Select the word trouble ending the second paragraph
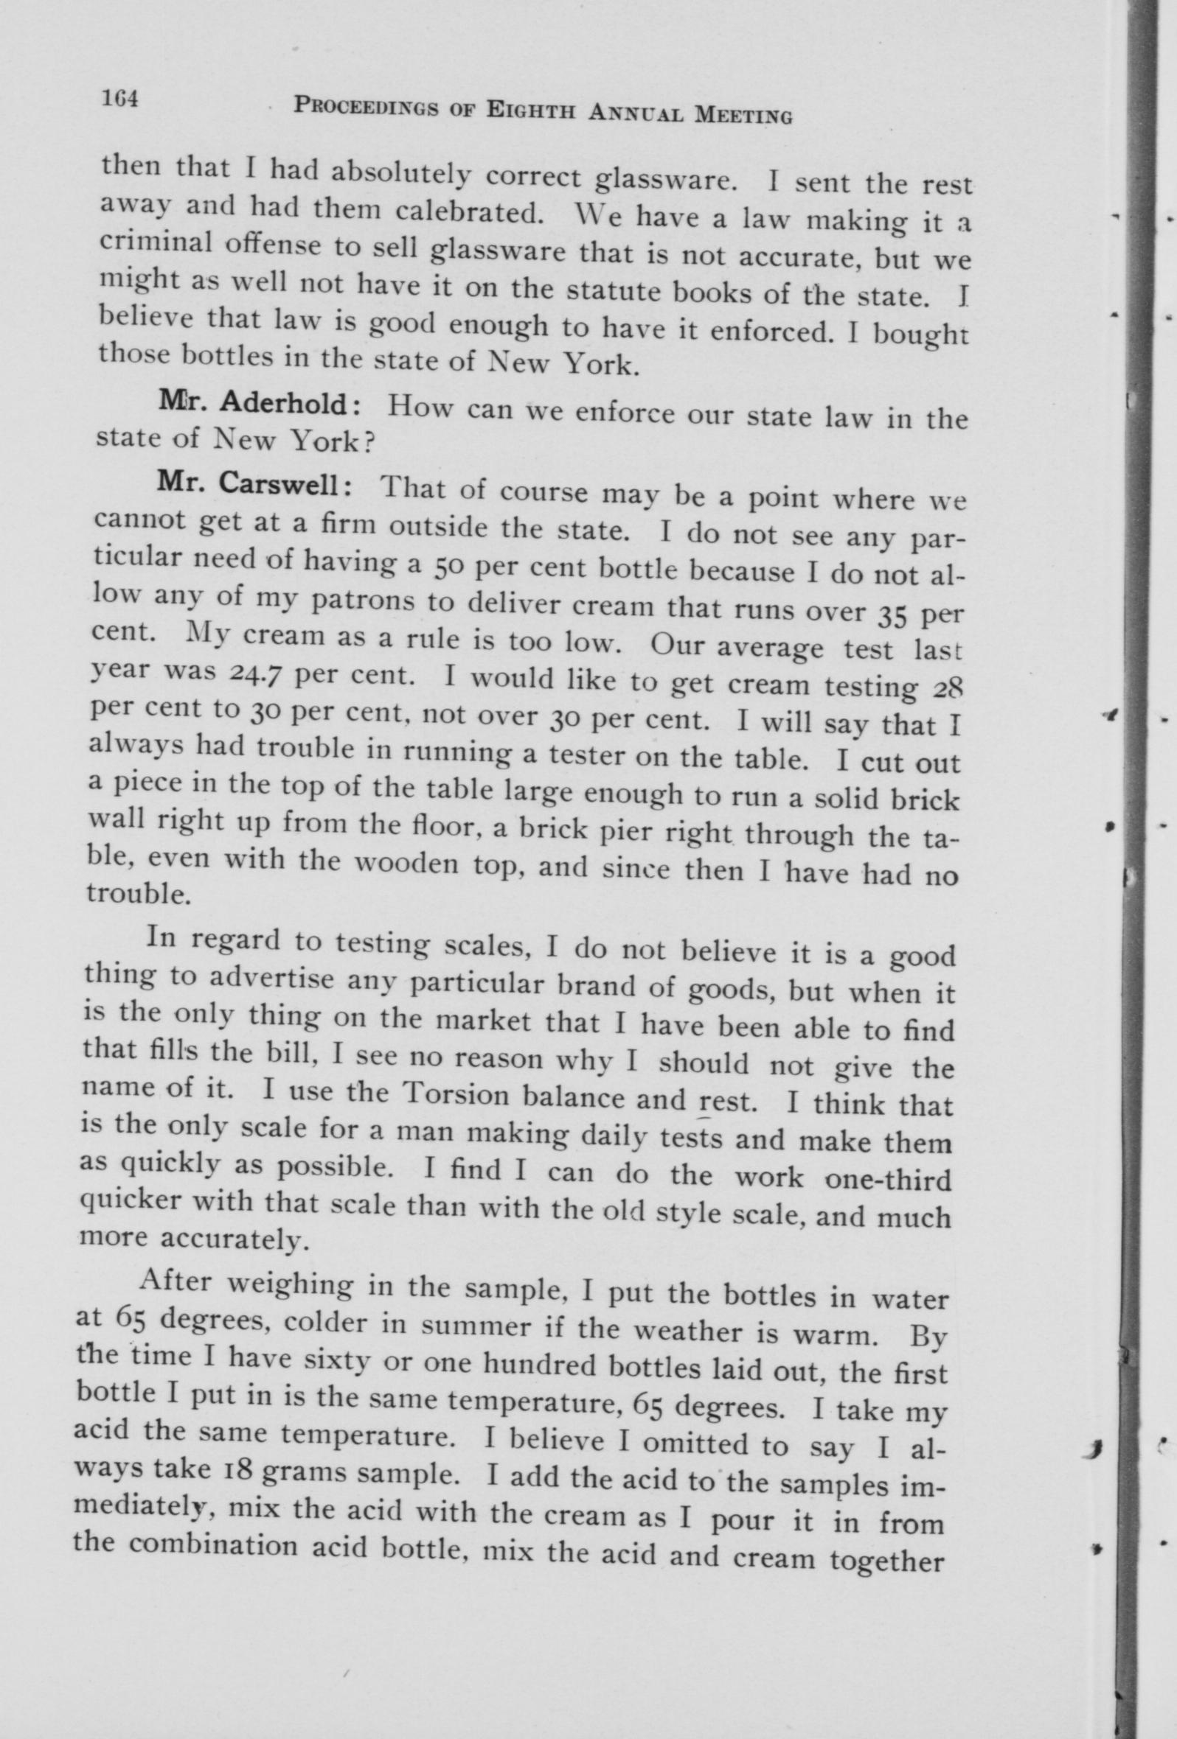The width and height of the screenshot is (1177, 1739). pyautogui.click(x=136, y=895)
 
